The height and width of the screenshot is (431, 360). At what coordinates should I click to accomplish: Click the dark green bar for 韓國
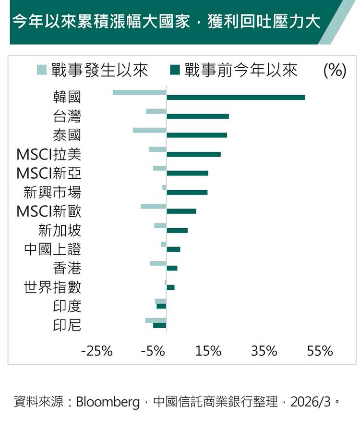[x=236, y=98]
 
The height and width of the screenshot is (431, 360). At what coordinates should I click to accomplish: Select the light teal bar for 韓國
[x=140, y=92]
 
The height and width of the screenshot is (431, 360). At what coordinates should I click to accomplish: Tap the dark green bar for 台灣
[x=198, y=116]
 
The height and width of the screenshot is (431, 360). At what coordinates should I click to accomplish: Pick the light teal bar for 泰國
[x=149, y=130]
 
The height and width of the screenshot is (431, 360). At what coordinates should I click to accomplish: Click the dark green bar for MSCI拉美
[x=193, y=154]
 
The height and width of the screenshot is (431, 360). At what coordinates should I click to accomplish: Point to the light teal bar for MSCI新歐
[x=153, y=206]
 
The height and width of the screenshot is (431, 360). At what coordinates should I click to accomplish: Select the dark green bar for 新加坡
[x=177, y=231]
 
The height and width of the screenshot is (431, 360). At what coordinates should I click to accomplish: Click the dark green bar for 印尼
[x=159, y=325]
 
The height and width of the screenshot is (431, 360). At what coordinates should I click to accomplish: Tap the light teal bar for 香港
[x=158, y=263]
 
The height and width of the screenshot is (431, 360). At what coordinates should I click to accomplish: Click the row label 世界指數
[x=53, y=287]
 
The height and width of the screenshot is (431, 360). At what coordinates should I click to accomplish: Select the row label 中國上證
[x=53, y=249]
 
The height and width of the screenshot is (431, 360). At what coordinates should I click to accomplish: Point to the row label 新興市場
[x=53, y=193]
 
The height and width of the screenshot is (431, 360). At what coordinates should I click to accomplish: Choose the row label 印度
[x=67, y=306]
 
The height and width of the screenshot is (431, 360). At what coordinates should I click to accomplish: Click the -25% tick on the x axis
[x=97, y=351]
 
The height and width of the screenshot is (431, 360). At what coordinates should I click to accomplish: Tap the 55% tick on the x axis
[x=320, y=351]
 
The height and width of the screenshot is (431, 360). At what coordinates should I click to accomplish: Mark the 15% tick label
[x=208, y=351]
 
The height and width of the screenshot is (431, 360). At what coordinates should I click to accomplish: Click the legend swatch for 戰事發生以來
[x=42, y=70]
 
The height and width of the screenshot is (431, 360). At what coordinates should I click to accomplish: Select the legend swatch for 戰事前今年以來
[x=175, y=70]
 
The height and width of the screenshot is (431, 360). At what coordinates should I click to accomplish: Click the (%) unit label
[x=335, y=70]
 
